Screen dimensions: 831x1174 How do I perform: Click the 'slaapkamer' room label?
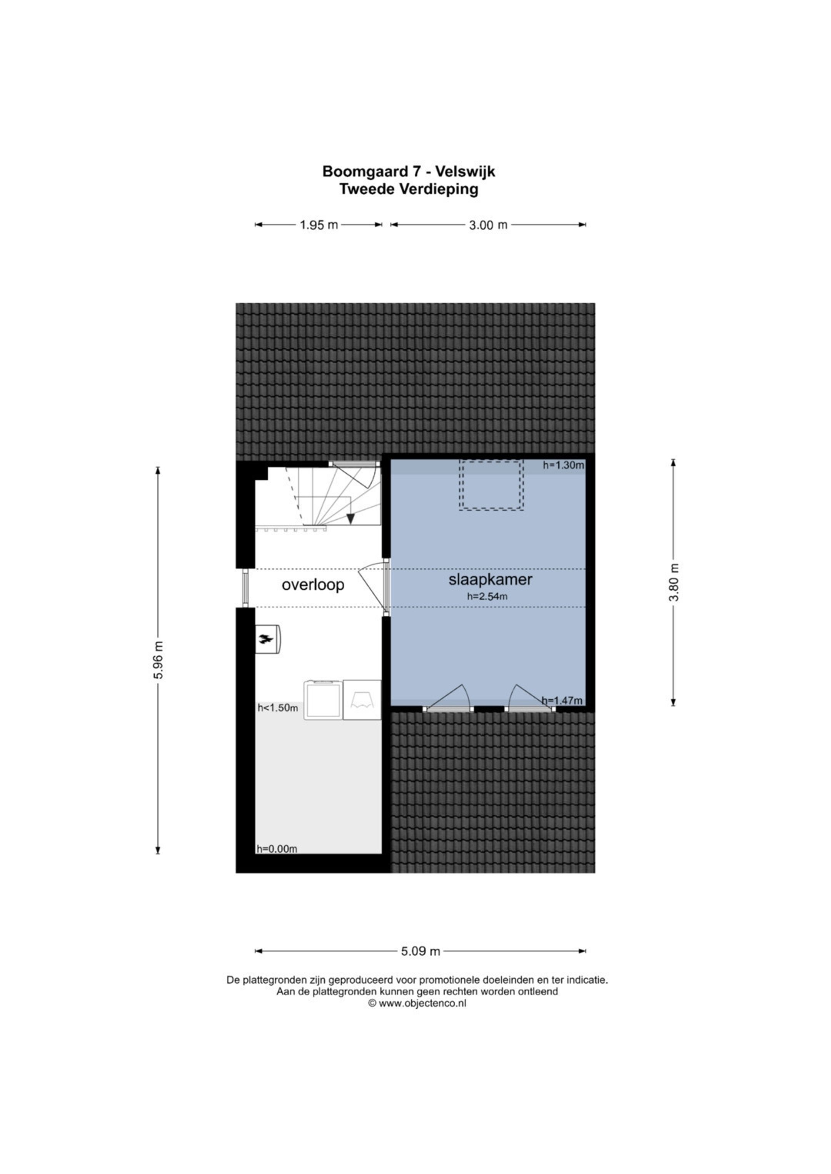490,580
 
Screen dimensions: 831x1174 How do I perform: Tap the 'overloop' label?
313,584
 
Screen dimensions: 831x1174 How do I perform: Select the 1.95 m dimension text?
319,225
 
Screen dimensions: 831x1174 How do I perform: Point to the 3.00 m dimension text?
488,225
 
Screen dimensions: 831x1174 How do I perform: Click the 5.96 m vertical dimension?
158,660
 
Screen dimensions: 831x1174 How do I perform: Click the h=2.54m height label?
487,596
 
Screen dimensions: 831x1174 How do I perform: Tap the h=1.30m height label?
563,465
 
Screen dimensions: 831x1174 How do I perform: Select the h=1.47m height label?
562,700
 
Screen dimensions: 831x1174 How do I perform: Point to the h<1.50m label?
277,708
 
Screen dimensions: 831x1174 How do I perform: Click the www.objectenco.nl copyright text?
417,1003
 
